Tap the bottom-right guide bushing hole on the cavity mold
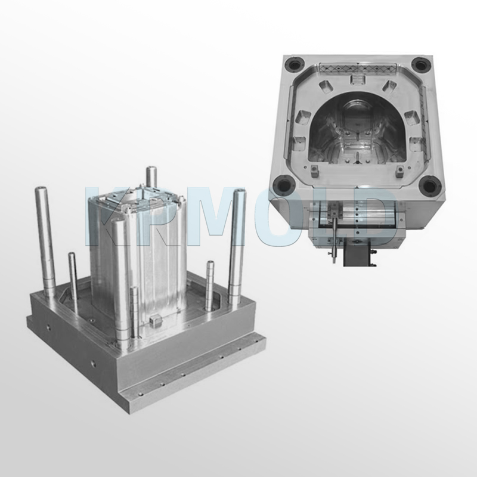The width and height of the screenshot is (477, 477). click(x=429, y=186)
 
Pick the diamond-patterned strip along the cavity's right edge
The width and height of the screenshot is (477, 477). click(x=425, y=119)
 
